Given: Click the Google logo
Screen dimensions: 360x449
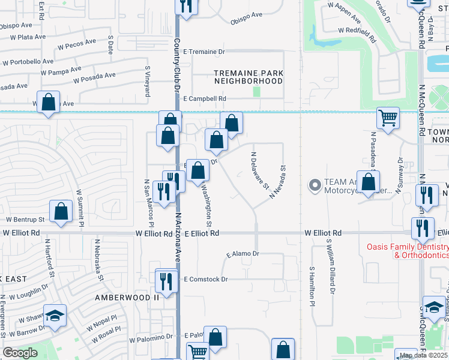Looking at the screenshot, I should tap(20, 353).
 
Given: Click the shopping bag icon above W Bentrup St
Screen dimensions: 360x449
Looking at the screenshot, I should tap(61, 211).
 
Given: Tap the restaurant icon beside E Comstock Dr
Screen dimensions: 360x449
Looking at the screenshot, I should tap(166, 280).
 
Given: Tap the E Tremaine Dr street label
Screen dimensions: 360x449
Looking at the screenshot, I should tap(204, 52).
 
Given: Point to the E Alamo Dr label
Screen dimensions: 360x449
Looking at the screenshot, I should tap(242, 254).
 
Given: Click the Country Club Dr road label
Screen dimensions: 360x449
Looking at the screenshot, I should tap(177, 66).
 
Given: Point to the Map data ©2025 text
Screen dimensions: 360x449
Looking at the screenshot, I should tap(423, 355).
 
